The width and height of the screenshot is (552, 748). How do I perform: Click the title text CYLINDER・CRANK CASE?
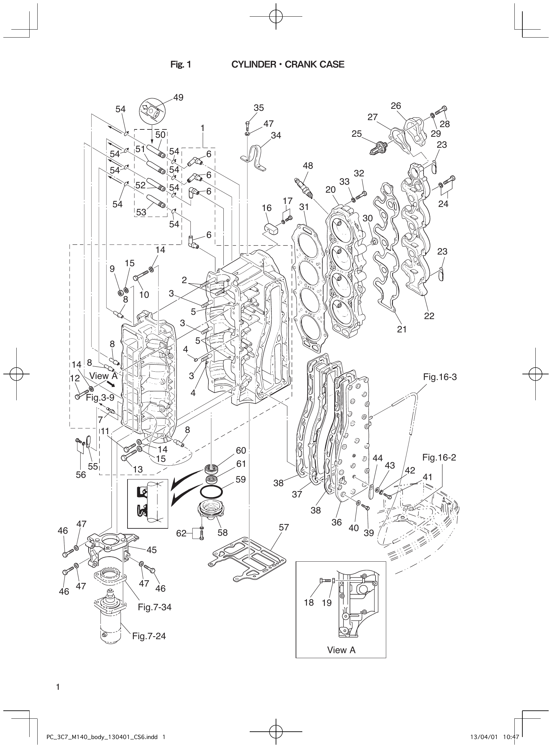(288, 65)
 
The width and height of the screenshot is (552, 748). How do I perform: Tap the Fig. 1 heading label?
(180, 65)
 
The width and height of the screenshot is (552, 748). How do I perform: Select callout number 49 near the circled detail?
(178, 97)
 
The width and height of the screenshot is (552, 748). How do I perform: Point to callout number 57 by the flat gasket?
(284, 527)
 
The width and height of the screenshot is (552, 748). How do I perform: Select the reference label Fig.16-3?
(440, 377)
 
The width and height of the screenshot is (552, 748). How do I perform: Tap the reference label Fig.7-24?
(149, 636)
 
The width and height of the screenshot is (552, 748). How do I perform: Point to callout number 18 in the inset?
(309, 602)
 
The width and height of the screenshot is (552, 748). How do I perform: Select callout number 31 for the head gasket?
(304, 207)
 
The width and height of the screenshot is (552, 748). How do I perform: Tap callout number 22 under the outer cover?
(429, 315)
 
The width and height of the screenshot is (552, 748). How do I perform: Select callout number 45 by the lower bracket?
(152, 550)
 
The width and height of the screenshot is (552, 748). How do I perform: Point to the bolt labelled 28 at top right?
(442, 111)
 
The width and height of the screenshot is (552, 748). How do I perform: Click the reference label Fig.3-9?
(100, 397)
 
